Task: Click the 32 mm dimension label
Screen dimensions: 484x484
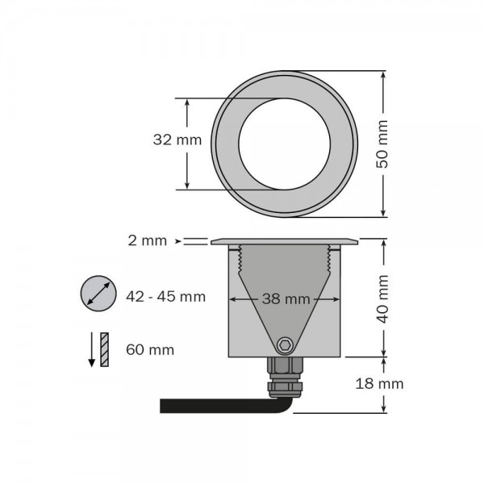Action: click(177, 140)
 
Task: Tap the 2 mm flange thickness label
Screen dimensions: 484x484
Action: click(148, 240)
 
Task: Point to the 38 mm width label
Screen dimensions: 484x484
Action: click(286, 298)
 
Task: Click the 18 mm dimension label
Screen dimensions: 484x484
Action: click(379, 383)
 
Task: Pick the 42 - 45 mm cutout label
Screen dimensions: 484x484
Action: click(166, 296)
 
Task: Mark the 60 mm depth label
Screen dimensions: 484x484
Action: click(150, 349)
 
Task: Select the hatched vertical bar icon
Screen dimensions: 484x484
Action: click(104, 348)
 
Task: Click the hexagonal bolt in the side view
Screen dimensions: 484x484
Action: click(284, 345)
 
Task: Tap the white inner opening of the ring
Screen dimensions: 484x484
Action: click(284, 144)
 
